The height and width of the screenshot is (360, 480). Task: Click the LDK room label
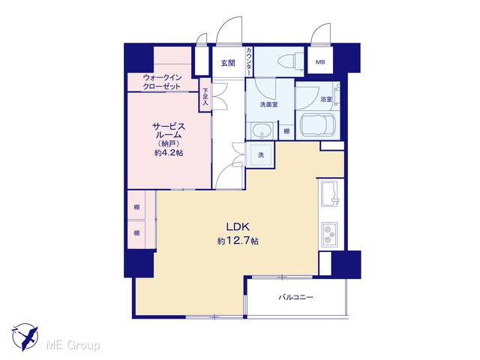pos(238,226)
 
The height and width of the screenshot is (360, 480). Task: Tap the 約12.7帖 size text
pos(238,241)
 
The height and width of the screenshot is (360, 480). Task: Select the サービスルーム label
pos(169,130)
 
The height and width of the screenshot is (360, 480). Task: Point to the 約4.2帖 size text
pos(169,153)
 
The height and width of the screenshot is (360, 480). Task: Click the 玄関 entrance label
pos(228,63)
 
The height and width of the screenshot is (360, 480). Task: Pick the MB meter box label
pos(320,62)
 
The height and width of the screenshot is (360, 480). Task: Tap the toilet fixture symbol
pos(291,60)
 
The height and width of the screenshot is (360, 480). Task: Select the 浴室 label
pos(326,100)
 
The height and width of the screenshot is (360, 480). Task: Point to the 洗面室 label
pos(268,105)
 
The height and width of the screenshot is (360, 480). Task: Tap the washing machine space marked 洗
pos(260,154)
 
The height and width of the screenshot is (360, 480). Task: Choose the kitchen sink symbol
pos(330,194)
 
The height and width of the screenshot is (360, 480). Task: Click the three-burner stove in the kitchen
pos(329,234)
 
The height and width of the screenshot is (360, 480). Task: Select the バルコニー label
pos(295,297)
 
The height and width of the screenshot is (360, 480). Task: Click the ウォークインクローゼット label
pos(162,82)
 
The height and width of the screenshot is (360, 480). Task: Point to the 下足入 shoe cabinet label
pos(205,97)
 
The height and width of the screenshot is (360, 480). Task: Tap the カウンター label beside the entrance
pos(250,61)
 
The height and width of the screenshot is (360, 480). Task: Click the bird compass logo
pos(25,337)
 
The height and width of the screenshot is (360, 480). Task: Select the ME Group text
pos(73,346)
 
